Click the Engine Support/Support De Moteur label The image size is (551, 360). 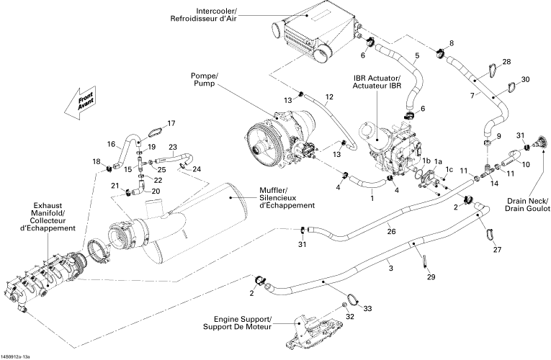(242, 324)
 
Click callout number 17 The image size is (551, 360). (171, 123)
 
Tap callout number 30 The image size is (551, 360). (525, 78)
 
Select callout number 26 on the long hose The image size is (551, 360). (390, 231)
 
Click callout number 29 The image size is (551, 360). (431, 277)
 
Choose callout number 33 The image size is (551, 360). (367, 308)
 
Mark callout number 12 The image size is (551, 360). (328, 96)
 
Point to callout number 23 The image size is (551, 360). (172, 147)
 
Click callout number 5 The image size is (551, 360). (416, 56)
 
